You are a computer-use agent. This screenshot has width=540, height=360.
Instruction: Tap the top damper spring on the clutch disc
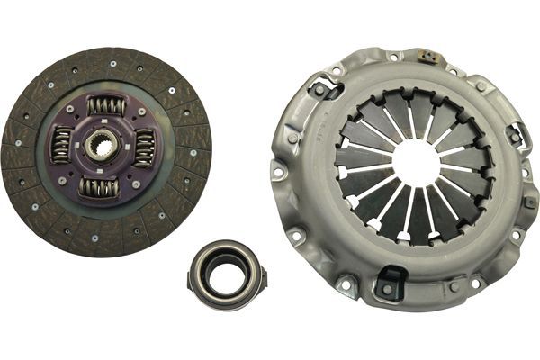pos(106,106)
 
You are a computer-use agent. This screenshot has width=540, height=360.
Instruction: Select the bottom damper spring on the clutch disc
pos(97,187)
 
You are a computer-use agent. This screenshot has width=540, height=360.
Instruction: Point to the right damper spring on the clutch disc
pos(144,148)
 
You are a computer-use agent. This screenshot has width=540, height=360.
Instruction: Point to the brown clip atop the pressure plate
pos(430,58)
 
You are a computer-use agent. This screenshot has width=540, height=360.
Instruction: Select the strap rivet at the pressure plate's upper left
pos(319,90)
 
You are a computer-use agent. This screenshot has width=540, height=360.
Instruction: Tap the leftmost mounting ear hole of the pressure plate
pos(279,171)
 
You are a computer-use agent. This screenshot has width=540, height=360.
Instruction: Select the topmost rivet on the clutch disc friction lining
pos(112,63)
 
